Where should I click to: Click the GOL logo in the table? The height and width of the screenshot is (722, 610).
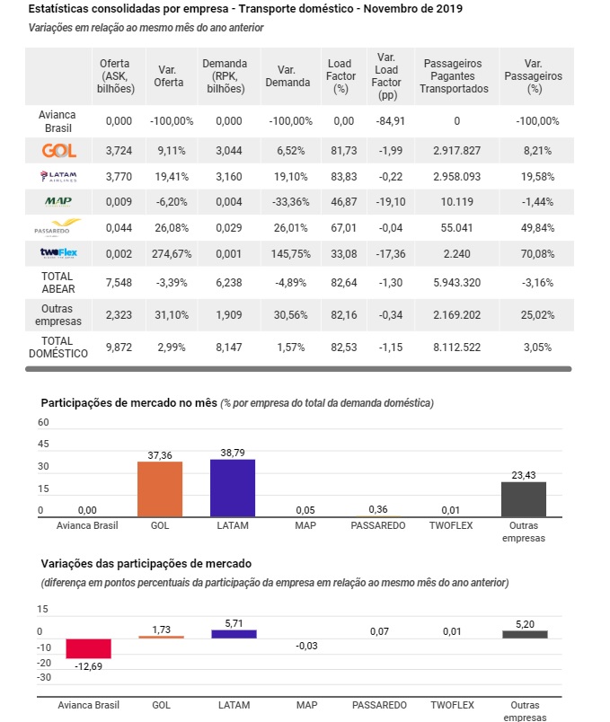pyautogui.click(x=59, y=151)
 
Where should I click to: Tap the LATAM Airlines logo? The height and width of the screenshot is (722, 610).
pyautogui.click(x=58, y=176)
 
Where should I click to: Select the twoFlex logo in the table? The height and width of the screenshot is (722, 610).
pyautogui.click(x=58, y=253)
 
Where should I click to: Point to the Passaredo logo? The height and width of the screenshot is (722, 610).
pyautogui.click(x=57, y=226)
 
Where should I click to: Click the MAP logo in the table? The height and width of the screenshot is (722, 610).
pyautogui.click(x=58, y=202)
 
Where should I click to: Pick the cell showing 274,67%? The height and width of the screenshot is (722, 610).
pyautogui.click(x=172, y=254)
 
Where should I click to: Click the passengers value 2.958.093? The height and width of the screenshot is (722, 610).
pyautogui.click(x=456, y=176)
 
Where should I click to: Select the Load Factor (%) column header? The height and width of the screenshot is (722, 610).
pyautogui.click(x=341, y=76)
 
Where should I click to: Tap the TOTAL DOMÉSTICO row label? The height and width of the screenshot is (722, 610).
pyautogui.click(x=58, y=348)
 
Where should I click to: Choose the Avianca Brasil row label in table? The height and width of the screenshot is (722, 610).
pyautogui.click(x=57, y=121)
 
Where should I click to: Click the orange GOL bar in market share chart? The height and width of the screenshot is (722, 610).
pyautogui.click(x=160, y=489)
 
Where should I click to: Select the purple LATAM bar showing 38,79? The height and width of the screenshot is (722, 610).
pyautogui.click(x=233, y=489)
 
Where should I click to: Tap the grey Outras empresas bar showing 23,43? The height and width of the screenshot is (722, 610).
pyautogui.click(x=524, y=499)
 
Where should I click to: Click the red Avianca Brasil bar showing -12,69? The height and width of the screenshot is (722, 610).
pyautogui.click(x=88, y=648)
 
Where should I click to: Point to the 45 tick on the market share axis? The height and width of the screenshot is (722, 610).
pyautogui.click(x=43, y=444)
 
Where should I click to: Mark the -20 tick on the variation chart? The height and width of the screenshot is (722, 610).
pyautogui.click(x=44, y=663)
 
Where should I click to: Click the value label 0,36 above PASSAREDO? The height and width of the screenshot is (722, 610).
pyautogui.click(x=378, y=509)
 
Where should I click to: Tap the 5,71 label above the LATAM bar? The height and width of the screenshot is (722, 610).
pyautogui.click(x=234, y=623)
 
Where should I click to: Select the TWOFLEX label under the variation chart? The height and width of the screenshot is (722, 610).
pyautogui.click(x=453, y=705)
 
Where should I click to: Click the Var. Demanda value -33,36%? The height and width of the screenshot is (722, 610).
pyautogui.click(x=291, y=202)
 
